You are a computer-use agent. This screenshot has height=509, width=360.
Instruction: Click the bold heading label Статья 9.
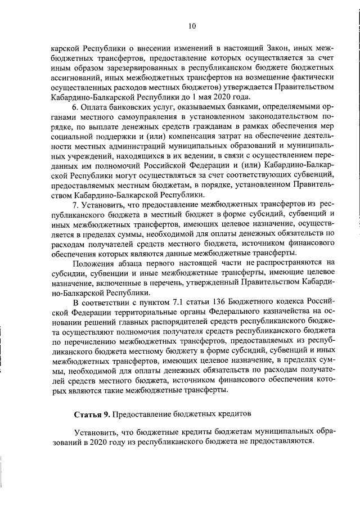click(92, 415)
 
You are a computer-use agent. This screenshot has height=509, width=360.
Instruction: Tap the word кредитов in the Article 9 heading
click(232, 415)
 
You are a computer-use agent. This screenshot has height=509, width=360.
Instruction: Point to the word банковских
click(136, 107)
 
